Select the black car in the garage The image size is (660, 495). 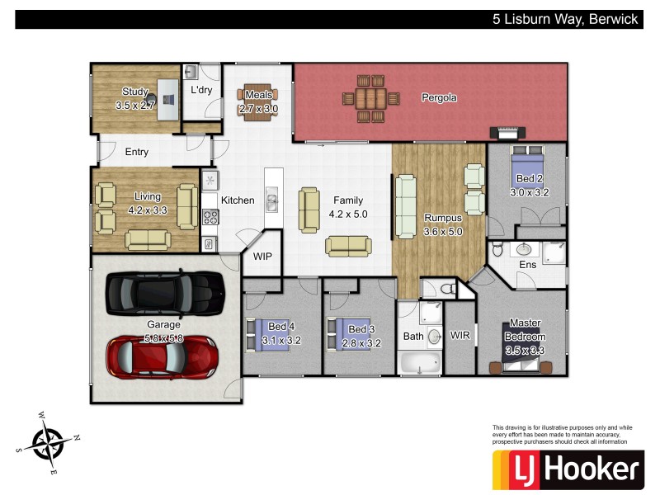point(165,290)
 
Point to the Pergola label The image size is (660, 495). point(439,97)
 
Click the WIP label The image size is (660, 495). point(262,257)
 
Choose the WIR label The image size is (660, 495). point(460,336)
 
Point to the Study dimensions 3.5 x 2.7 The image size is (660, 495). point(135,106)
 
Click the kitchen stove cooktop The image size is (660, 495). point(210,218)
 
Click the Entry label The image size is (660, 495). point(137,152)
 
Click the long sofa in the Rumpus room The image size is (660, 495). point(406,205)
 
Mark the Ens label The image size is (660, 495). point(527,265)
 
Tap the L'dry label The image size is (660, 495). point(201,89)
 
